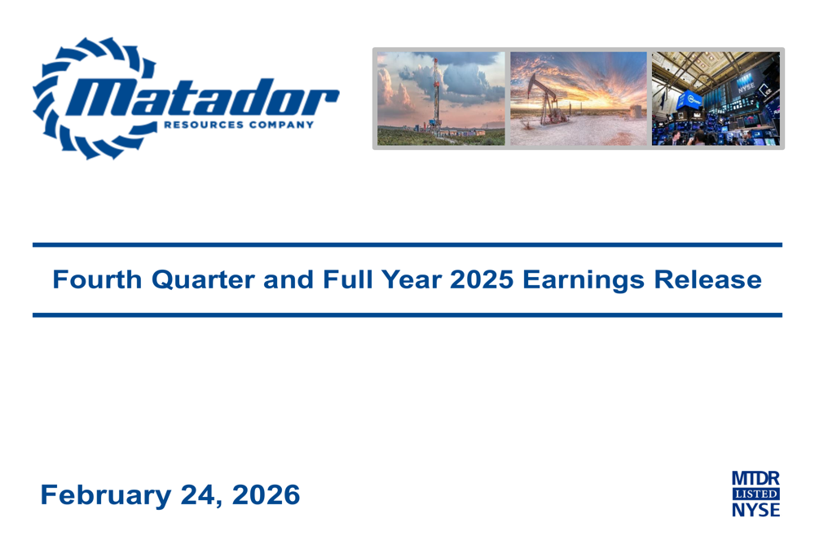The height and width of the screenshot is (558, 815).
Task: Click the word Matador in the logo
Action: pos(208,99)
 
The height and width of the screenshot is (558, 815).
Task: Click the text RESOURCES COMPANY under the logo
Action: pos(238,125)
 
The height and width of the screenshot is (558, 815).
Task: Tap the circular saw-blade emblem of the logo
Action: pos(61,98)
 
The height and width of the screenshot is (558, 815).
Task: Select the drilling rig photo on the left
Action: pos(441,99)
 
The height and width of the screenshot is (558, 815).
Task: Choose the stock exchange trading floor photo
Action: pos(715,99)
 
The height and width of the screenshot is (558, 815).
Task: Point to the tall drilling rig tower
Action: pos(436,94)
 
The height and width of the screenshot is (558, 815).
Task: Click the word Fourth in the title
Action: pos(97,280)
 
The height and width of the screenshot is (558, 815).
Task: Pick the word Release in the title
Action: pos(708,280)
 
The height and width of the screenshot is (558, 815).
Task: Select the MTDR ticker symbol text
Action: pos(755,478)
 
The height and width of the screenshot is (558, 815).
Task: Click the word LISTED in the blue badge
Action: pos(755,494)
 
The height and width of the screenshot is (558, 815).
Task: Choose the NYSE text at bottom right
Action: pos(755,510)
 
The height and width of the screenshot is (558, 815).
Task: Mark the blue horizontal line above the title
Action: pos(407,244)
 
